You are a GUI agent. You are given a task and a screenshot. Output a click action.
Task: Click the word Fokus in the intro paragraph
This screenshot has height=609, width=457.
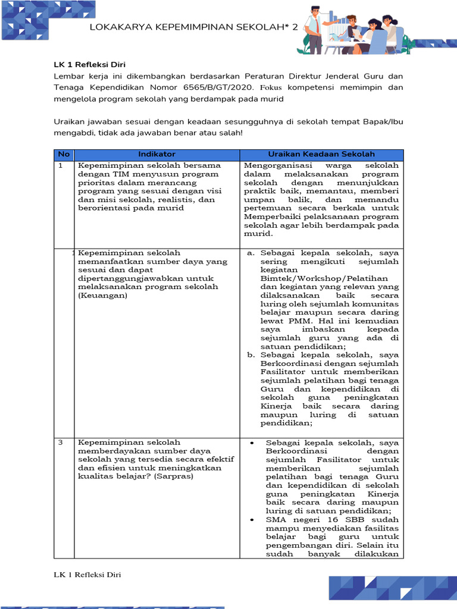(273, 87)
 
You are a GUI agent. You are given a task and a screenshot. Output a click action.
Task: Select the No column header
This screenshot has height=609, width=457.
(63, 155)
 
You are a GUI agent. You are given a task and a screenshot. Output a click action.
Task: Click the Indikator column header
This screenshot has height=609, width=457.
(156, 155)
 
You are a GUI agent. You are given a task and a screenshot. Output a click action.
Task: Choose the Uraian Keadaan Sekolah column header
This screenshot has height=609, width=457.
(321, 155)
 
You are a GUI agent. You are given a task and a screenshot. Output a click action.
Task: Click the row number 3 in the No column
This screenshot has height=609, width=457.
(61, 443)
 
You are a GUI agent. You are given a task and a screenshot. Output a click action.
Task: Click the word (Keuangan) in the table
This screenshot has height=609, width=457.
(103, 295)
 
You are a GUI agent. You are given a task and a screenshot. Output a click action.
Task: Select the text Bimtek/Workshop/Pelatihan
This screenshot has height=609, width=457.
(324, 278)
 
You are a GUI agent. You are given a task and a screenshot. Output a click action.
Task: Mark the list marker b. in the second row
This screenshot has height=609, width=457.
(251, 355)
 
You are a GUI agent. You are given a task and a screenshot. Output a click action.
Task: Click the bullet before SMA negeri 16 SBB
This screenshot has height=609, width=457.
(252, 520)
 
